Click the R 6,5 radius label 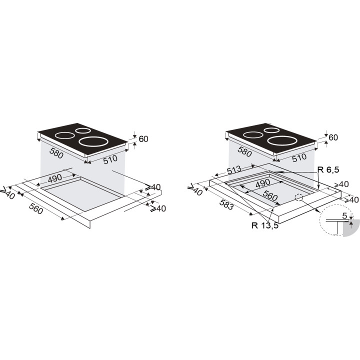[x=328, y=169]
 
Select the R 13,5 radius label [x=265, y=225]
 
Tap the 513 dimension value [x=234, y=170]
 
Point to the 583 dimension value [x=226, y=204]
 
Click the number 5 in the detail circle [x=344, y=215]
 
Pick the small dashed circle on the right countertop [x=298, y=197]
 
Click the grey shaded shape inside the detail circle [x=351, y=228]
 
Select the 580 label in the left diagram [x=56, y=153]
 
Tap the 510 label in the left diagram [x=110, y=159]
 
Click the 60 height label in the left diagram [x=143, y=139]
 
